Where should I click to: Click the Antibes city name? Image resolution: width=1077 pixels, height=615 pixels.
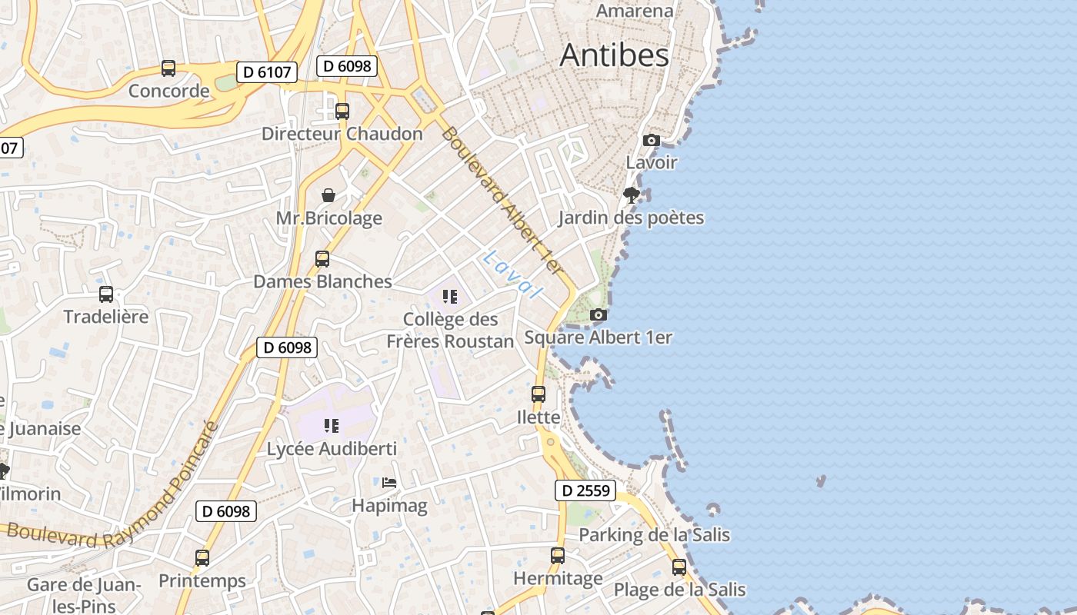[x=614, y=55]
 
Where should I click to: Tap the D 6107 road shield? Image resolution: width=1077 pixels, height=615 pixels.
[x=266, y=72]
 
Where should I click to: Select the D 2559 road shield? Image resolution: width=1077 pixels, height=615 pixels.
[x=585, y=490]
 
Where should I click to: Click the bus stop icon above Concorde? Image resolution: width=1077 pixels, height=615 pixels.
[x=168, y=68]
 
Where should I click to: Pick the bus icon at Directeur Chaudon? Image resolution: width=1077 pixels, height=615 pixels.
[x=342, y=111]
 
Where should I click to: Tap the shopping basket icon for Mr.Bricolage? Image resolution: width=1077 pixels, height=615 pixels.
[x=328, y=195]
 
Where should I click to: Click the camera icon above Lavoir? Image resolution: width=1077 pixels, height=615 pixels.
[x=651, y=140]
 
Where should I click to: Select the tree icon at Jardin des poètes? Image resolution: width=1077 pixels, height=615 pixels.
[x=632, y=194]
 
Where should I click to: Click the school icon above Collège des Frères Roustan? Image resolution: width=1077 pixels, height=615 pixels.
[x=450, y=297]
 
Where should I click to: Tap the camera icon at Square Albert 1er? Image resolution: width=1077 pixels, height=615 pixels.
[x=598, y=314]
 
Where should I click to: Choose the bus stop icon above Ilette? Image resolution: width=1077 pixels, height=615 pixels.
[x=538, y=394]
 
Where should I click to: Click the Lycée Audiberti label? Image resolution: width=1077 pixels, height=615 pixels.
[x=332, y=449]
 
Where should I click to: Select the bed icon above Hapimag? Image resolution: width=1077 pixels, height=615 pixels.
[x=389, y=483]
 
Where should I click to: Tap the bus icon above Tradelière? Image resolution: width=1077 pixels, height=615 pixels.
[x=106, y=294]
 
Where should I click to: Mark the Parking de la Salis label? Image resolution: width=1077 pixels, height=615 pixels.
[x=654, y=535]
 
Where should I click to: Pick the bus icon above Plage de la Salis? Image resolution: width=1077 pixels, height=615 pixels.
[x=679, y=567]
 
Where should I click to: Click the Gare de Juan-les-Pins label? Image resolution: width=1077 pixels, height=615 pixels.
[x=84, y=595]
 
